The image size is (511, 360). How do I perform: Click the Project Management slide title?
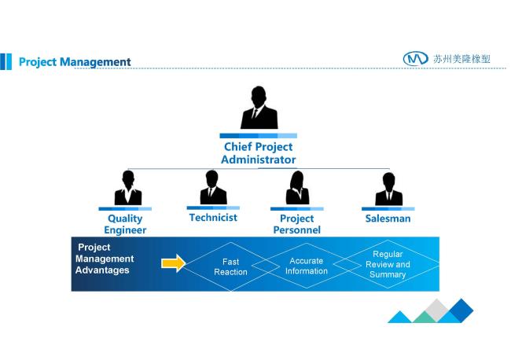tap(75, 62)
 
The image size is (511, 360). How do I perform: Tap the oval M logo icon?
tap(416, 59)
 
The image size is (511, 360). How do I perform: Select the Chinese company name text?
tap(461, 59)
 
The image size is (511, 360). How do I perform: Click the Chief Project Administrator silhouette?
tap(259, 108)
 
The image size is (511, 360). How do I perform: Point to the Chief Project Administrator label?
tap(259, 153)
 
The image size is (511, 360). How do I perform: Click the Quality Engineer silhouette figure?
tap(128, 188)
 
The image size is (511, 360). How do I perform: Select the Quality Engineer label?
tap(125, 224)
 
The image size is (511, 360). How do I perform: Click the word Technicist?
tap(213, 218)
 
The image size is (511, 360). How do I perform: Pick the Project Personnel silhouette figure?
tap(297, 188)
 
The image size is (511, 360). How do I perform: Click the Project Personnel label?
tap(297, 224)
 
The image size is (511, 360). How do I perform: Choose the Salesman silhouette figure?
tap(389, 189)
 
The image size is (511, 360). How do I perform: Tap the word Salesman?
tap(388, 219)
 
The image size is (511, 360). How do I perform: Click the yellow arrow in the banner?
tap(174, 263)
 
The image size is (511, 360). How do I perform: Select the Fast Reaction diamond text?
tap(230, 266)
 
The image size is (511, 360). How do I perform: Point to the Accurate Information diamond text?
tap(307, 266)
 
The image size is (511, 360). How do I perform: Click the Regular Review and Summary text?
tap(388, 264)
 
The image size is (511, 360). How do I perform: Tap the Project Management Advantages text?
tap(105, 259)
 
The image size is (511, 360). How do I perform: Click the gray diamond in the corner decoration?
tap(437, 310)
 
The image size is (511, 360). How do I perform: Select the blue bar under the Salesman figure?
tap(388, 209)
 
